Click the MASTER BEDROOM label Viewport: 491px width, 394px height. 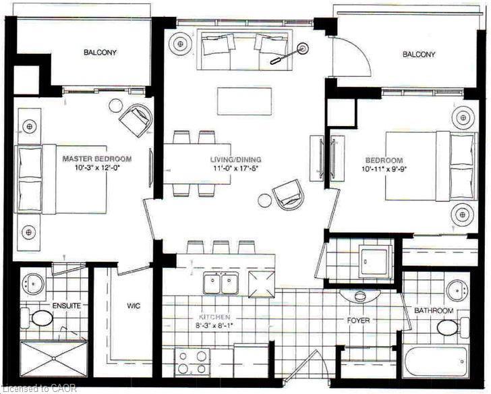pos(97,159)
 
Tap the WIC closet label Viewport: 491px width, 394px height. pos(134,306)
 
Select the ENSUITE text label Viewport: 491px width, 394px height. pos(67,306)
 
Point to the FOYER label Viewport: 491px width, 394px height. pos(359,320)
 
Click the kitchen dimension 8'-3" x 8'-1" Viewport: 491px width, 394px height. pos(215,325)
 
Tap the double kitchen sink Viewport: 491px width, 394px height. pos(221,283)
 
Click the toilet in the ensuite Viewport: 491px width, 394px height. pos(37,318)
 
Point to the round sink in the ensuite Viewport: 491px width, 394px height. pos(33,283)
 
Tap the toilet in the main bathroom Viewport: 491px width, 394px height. pos(452,327)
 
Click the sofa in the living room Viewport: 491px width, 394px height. pos(245,50)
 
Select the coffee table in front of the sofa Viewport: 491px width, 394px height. pos(245,101)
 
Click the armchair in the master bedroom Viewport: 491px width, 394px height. pos(135,119)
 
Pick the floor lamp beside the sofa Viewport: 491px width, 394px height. pos(289,54)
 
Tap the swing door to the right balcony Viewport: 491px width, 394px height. pos(351,55)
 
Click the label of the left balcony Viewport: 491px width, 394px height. pos(100,53)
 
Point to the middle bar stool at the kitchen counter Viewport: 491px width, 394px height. pos(221,247)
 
